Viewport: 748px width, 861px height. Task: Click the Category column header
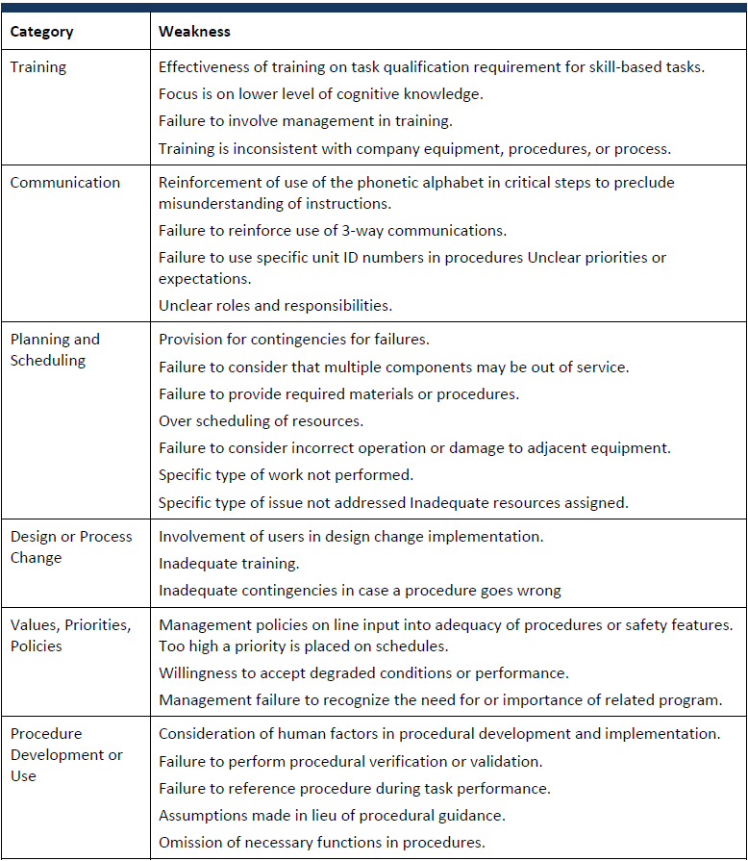click(41, 32)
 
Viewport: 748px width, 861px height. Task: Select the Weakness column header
click(194, 32)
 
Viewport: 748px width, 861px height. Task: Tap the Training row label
click(37, 67)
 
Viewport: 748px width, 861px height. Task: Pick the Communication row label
click(65, 183)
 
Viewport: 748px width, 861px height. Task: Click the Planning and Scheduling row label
click(54, 350)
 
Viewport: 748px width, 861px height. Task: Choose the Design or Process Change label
click(71, 547)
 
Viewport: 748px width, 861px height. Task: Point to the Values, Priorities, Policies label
click(70, 636)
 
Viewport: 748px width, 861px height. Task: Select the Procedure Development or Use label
click(66, 754)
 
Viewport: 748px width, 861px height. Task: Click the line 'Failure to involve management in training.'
click(305, 121)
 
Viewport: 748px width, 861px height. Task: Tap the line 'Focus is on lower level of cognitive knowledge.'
click(320, 94)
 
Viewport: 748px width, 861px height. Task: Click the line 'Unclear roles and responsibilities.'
click(275, 305)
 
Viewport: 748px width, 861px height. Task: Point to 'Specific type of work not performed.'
click(286, 475)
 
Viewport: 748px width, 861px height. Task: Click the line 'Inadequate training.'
click(229, 564)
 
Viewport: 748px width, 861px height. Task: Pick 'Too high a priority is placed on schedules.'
click(303, 646)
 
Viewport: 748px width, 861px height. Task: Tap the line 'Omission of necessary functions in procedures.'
click(321, 843)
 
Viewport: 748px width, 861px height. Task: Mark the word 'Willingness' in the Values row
click(199, 673)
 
